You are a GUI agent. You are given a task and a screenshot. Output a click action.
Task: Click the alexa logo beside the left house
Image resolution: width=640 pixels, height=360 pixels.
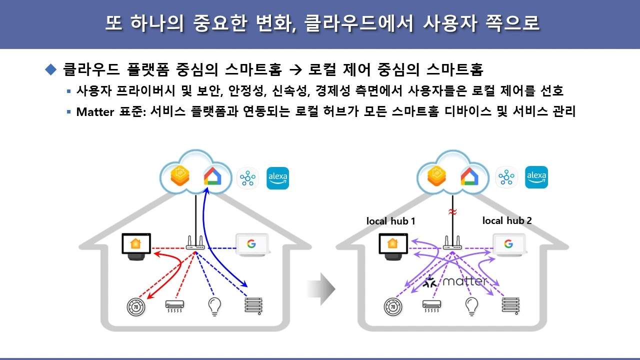click(277, 178)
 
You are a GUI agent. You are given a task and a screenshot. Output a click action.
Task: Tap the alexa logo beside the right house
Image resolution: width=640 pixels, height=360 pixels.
click(536, 177)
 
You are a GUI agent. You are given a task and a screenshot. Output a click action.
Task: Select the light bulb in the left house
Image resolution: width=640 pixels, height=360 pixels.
click(214, 306)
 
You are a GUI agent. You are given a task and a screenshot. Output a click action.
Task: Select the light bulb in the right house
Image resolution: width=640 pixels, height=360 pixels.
click(471, 306)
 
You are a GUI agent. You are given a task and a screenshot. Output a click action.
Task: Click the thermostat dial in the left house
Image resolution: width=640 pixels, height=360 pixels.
click(136, 306)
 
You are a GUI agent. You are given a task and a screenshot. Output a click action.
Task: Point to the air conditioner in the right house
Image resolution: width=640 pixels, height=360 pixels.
click(431, 305)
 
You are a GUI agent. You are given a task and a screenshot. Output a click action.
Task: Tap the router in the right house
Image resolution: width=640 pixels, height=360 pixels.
click(452, 244)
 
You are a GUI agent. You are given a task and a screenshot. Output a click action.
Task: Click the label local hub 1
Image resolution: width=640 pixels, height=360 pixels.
click(391, 221)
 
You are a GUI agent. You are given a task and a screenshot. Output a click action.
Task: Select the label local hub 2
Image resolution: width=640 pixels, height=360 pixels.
click(507, 220)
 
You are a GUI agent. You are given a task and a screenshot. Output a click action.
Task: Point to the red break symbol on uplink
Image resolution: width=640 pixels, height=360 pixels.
click(452, 212)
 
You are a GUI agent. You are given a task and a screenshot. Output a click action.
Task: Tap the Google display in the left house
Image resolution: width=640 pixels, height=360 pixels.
click(252, 244)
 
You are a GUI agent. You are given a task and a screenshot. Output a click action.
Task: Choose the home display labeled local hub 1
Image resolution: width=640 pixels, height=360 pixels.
click(393, 245)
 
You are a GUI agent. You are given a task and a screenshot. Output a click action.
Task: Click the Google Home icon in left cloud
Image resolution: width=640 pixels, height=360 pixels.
click(212, 176)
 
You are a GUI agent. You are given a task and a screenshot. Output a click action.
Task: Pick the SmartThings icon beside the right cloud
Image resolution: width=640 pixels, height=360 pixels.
click(506, 177)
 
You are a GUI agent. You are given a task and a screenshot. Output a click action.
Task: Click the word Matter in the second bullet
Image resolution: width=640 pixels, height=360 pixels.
click(95, 111)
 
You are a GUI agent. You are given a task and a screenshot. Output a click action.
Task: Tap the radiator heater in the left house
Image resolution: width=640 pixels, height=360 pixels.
click(253, 304)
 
